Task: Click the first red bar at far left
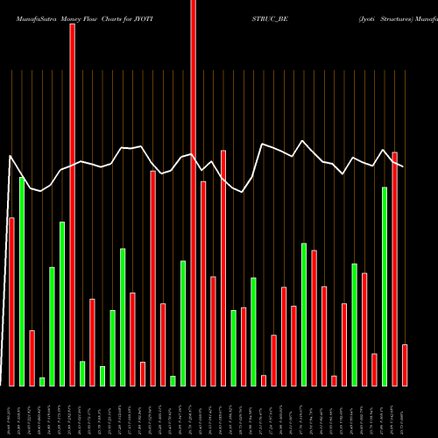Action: point(11,301)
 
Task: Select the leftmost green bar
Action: point(22,281)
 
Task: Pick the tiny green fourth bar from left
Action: point(42,381)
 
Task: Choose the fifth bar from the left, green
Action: point(52,326)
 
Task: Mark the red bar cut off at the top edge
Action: point(194,193)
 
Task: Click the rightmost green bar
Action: point(385,286)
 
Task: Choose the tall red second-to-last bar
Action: point(395,268)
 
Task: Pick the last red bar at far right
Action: point(405,364)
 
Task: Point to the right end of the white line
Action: point(403,166)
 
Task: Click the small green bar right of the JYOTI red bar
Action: point(82,373)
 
